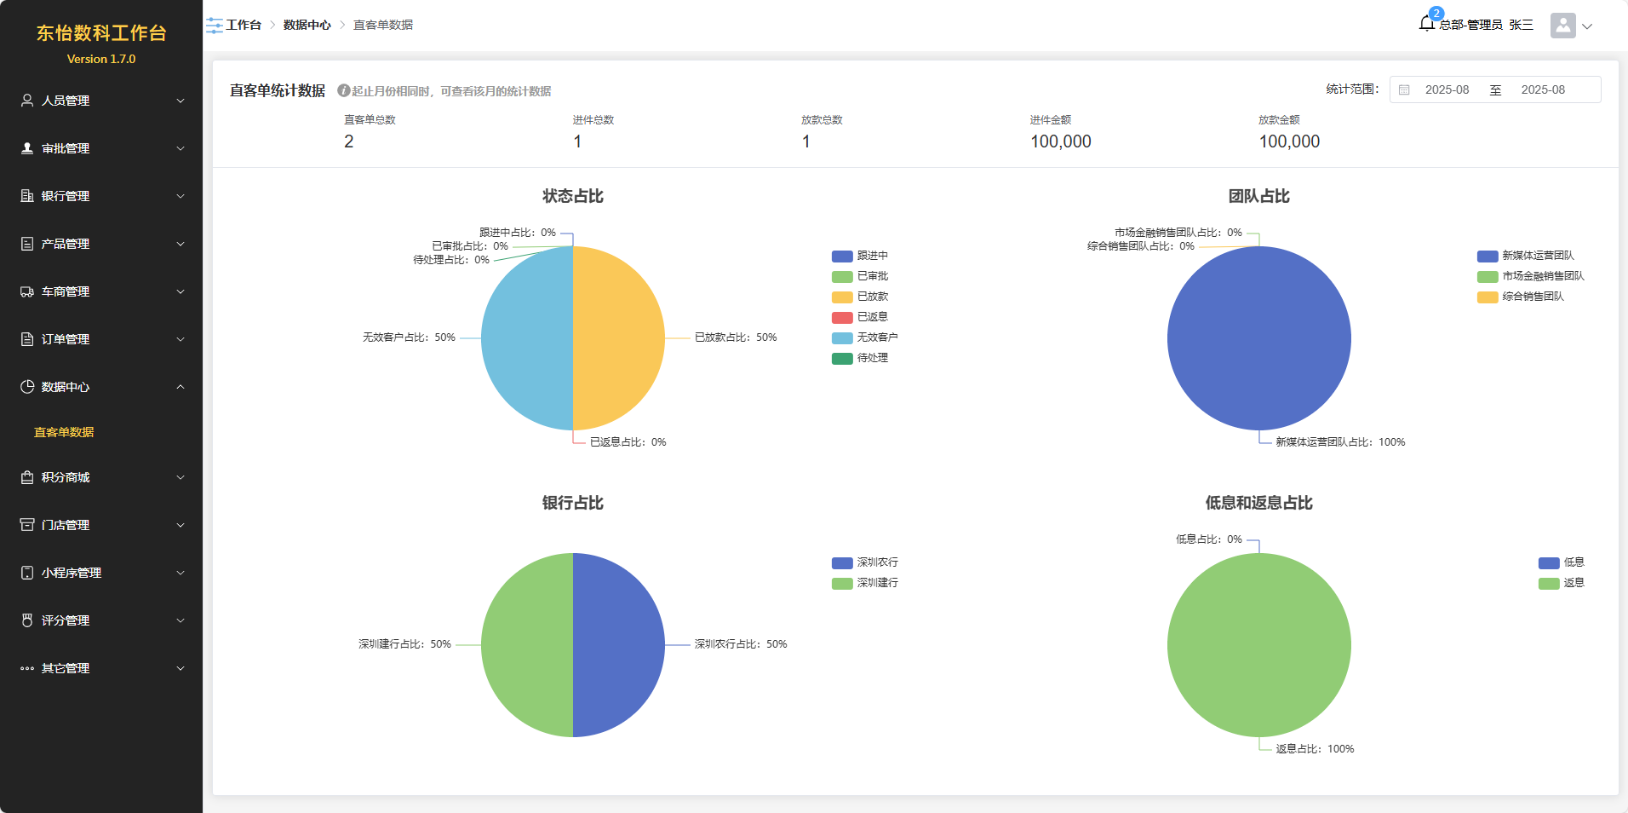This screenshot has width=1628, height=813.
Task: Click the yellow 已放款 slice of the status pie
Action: click(619, 338)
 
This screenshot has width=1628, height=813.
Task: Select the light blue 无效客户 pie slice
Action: click(527, 338)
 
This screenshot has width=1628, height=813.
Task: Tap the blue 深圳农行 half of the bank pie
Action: click(619, 645)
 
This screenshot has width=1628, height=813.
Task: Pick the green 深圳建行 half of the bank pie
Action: click(527, 645)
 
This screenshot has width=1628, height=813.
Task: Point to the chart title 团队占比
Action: click(1258, 196)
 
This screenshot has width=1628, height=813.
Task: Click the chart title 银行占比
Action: click(572, 503)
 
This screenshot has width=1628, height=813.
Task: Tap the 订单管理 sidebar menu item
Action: click(66, 339)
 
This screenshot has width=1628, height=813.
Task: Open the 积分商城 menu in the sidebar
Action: click(66, 477)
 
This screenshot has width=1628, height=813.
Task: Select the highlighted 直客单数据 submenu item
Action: click(64, 432)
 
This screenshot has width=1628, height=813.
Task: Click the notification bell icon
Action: click(1426, 24)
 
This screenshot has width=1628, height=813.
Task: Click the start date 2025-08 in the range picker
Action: click(1447, 89)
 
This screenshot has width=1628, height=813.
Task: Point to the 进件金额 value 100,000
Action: click(1060, 141)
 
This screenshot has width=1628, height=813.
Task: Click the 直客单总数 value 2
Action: click(349, 141)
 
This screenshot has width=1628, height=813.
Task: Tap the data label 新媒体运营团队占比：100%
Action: click(1339, 442)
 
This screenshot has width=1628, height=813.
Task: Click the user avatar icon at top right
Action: click(1562, 26)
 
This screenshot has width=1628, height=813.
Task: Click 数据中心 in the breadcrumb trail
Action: click(307, 25)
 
